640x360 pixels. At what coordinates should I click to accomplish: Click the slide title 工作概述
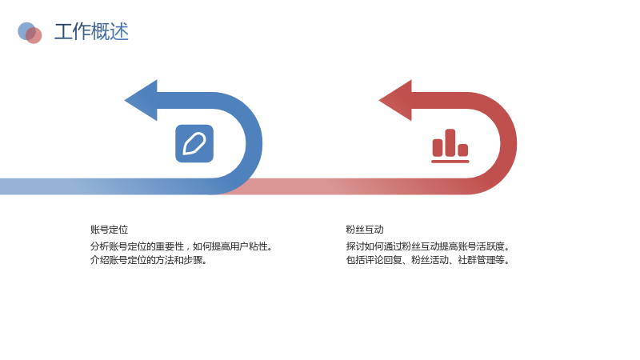[91, 31]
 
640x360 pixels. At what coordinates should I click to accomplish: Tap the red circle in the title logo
[34, 36]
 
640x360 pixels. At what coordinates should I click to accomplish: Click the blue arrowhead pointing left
[142, 101]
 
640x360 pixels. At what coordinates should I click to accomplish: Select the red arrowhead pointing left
[396, 101]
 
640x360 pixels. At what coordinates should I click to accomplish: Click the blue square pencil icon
[194, 143]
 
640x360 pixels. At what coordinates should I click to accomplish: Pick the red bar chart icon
[450, 146]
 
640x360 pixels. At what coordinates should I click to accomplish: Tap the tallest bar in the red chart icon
[450, 142]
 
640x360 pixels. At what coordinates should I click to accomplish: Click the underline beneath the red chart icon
[450, 162]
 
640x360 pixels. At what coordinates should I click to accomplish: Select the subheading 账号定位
[110, 230]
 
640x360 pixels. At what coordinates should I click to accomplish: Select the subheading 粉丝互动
[365, 230]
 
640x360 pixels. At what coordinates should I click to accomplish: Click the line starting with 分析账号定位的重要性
[182, 246]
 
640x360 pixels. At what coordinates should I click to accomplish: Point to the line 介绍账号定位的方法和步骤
[149, 259]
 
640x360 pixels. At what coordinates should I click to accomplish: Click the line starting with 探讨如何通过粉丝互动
[428, 246]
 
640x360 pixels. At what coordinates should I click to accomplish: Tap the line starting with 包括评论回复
[428, 259]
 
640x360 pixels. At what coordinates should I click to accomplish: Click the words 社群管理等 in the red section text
[482, 259]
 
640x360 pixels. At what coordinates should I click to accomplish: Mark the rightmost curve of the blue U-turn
[254, 143]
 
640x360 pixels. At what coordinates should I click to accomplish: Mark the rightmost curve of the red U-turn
[509, 143]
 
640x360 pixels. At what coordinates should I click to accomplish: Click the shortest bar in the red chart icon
[463, 150]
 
